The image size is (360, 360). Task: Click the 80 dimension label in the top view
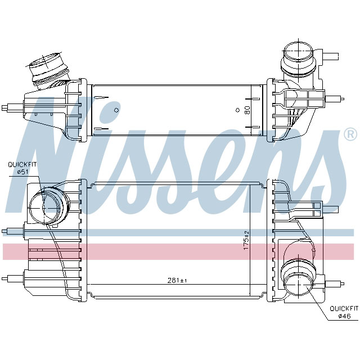(x=247, y=110)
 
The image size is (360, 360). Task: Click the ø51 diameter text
(x=21, y=171)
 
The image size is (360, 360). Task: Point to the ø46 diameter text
(x=344, y=316)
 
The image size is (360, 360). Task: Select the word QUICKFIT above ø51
(x=21, y=164)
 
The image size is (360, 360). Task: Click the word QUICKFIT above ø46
(x=343, y=308)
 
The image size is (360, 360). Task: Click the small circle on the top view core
(x=116, y=109)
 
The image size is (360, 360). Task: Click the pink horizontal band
(x=180, y=251)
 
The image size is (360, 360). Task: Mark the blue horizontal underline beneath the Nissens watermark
(x=180, y=232)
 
